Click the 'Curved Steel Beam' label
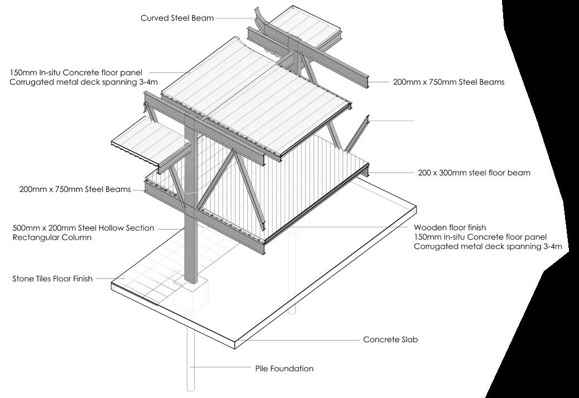[177, 18]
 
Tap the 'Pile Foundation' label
[284, 368]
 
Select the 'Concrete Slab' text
[390, 339]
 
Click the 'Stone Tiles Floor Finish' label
[52, 278]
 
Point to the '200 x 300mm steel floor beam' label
[474, 173]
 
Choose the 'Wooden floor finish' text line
[450, 228]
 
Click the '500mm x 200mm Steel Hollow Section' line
[83, 228]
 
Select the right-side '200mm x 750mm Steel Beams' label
[448, 82]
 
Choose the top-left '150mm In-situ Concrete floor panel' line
[76, 73]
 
